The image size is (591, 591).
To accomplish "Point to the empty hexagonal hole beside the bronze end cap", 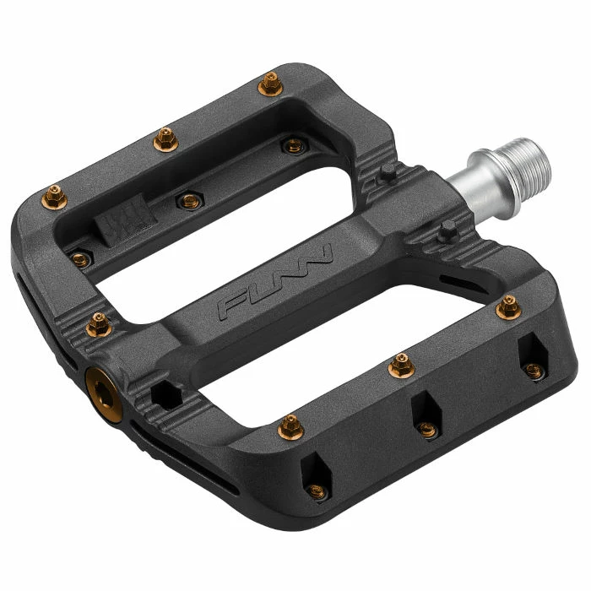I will [x=165, y=393].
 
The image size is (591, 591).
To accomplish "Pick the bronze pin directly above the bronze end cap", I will [x=98, y=322].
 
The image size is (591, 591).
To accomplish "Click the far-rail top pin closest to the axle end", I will [x=270, y=83].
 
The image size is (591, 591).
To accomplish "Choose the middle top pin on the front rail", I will [x=399, y=366].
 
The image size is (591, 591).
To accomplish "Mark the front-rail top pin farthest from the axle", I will [x=290, y=425].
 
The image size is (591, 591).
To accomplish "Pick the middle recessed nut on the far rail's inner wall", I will [x=184, y=199].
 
